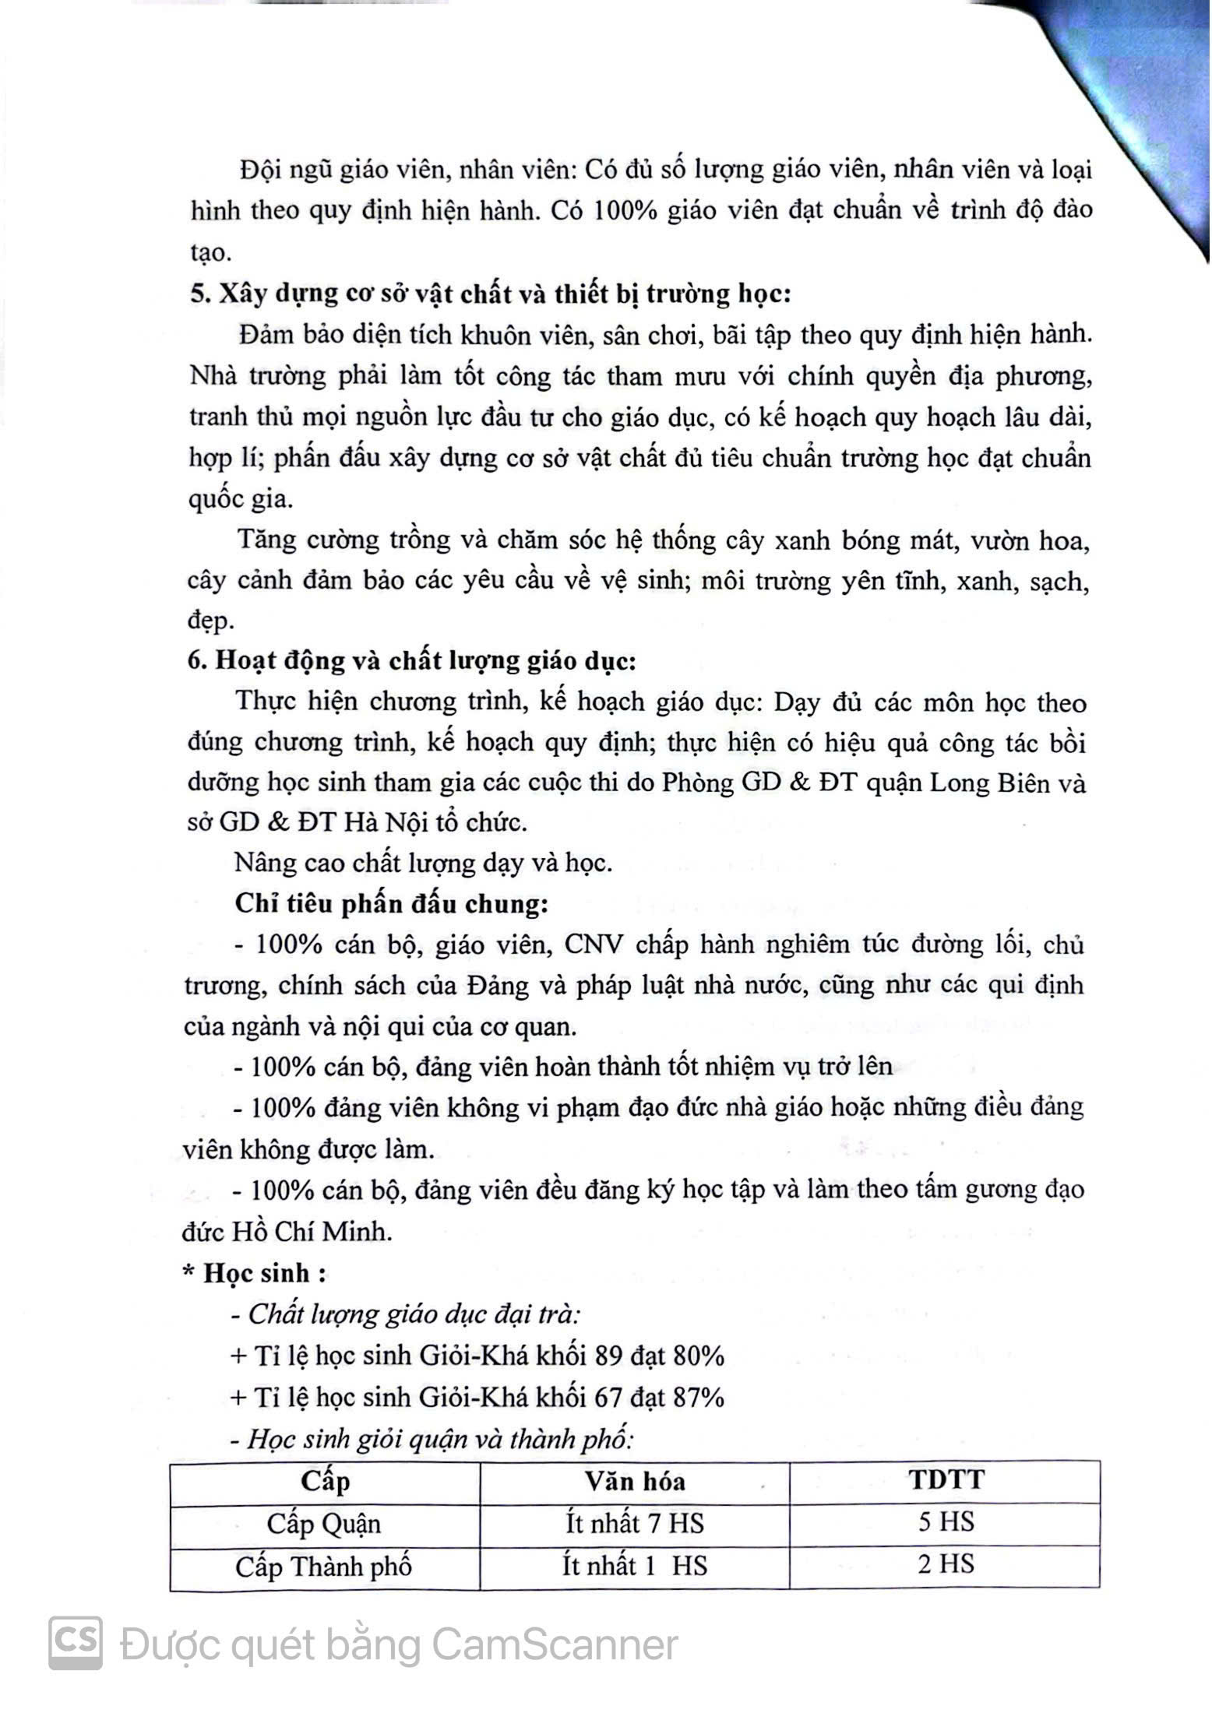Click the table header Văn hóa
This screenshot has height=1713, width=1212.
(x=635, y=1480)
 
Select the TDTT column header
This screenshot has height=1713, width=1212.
(x=946, y=1479)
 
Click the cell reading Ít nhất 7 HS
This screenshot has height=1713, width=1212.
(x=635, y=1523)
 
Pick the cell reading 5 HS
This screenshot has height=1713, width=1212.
(x=946, y=1521)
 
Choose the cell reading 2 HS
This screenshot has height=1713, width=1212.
(x=946, y=1564)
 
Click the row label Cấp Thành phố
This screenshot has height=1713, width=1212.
(x=324, y=1566)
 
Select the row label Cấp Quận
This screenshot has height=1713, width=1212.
(x=324, y=1524)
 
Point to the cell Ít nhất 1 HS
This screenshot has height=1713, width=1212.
(x=635, y=1565)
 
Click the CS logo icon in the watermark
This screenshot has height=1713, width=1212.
(x=76, y=1643)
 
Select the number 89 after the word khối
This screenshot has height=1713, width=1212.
(x=607, y=1356)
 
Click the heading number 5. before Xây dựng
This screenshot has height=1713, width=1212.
(x=199, y=294)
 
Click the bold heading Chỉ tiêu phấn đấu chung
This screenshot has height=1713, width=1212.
(x=392, y=904)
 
